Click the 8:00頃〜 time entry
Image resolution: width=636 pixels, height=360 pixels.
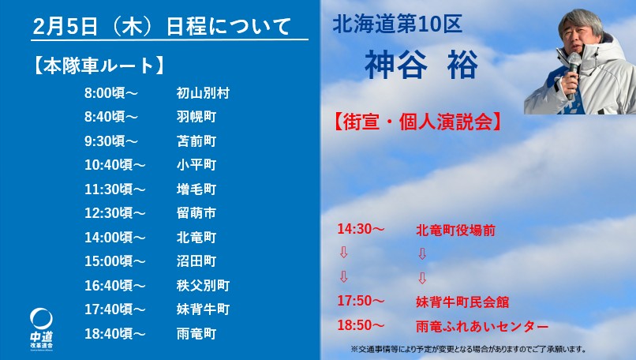pos(111,93)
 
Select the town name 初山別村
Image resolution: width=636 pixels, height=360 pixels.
pos(203,93)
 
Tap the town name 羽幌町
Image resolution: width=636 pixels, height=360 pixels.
pos(196,117)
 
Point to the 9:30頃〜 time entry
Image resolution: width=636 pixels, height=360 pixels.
pos(111,141)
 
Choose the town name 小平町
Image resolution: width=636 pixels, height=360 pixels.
pos(196,165)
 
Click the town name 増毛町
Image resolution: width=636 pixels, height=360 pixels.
pos(196,189)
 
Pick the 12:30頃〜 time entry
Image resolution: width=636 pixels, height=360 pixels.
pos(114,213)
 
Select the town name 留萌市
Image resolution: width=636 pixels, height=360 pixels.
pos(196,213)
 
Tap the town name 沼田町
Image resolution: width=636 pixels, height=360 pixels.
pos(196,261)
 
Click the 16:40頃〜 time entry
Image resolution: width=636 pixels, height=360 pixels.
pos(114,285)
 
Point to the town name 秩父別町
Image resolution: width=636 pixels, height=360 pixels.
pos(203,285)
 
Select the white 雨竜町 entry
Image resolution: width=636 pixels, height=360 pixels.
pos(196,334)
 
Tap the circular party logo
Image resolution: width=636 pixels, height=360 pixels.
pos(41,319)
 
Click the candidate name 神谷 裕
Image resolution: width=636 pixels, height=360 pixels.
pos(421,65)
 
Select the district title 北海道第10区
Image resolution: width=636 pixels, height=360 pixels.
pos(397,24)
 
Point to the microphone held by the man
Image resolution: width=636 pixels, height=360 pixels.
pos(574,73)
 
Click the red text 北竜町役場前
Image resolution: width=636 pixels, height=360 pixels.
pos(455,231)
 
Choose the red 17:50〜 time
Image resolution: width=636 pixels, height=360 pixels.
pos(361,301)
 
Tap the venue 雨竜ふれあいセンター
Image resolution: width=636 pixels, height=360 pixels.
pos(482,326)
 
